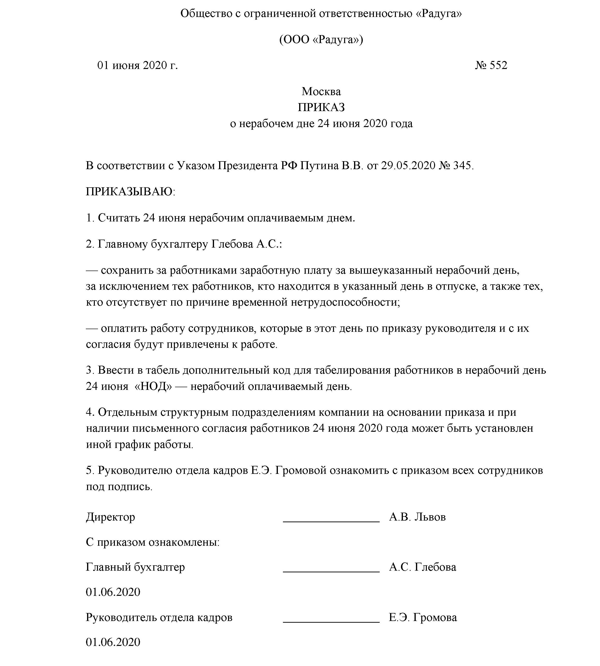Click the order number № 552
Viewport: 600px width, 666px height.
click(491, 65)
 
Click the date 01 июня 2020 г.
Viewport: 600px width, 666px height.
click(137, 65)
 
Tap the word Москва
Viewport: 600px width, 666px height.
click(321, 91)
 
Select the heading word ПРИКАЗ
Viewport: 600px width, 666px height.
click(321, 107)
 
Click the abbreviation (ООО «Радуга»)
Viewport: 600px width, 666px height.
click(321, 40)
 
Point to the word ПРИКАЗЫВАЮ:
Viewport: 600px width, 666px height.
click(131, 191)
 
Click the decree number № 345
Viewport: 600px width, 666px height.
click(456, 165)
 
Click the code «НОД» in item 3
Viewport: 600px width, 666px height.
click(153, 386)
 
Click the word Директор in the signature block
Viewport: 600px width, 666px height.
click(111, 517)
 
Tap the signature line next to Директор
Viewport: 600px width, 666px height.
click(331, 521)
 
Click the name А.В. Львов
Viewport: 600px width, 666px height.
click(417, 517)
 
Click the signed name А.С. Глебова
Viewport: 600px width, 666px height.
click(422, 567)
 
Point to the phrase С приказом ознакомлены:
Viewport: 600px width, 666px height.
click(153, 542)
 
